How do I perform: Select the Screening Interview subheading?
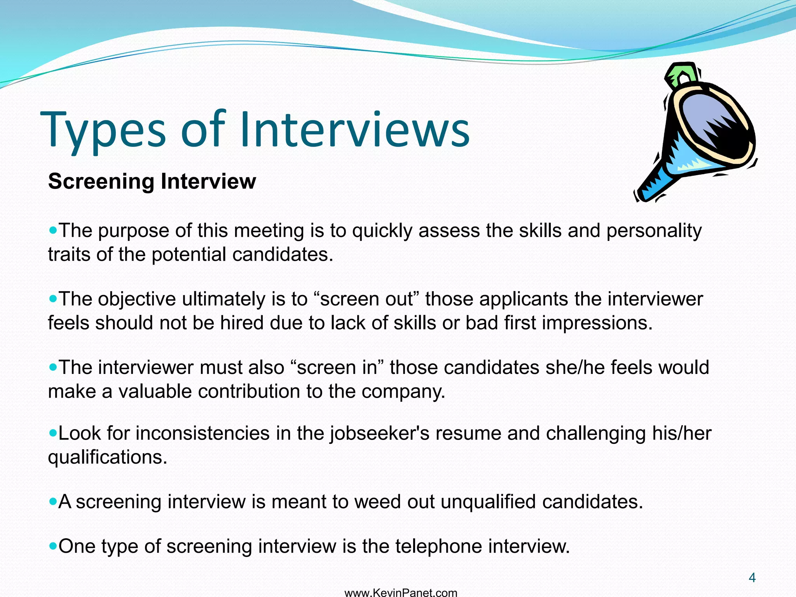click(152, 181)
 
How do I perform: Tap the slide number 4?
click(752, 578)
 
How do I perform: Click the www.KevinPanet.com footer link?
click(401, 593)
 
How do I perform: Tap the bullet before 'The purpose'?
click(53, 230)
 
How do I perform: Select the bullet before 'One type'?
click(53, 546)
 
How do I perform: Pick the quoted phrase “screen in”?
click(337, 367)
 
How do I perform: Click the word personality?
click(654, 231)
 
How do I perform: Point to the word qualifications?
click(107, 457)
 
